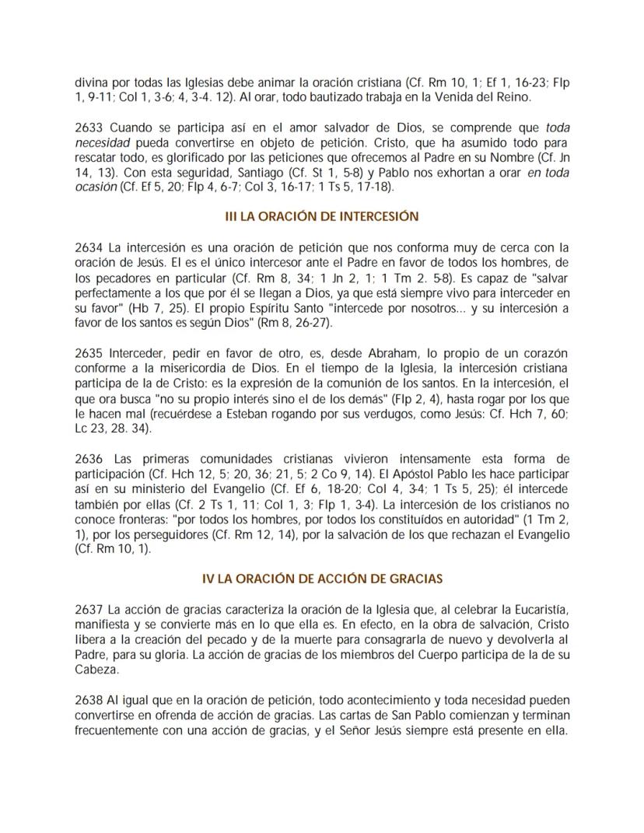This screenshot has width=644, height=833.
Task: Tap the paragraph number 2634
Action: tap(89, 248)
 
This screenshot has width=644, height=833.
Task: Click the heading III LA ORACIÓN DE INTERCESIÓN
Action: tap(322, 215)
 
